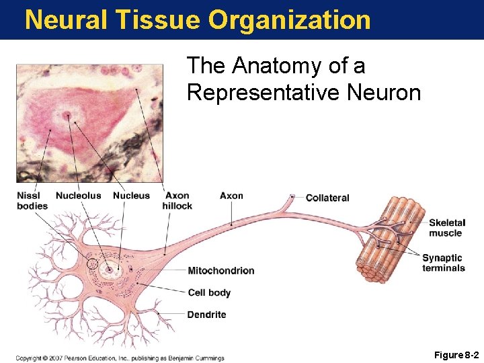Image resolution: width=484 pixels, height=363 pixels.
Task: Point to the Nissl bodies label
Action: pyautogui.click(x=32, y=200)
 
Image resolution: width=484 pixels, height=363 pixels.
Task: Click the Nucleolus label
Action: pyautogui.click(x=78, y=196)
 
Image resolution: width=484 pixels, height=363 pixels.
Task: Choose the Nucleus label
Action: pyautogui.click(x=131, y=196)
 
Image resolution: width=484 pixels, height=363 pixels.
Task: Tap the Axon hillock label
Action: pyautogui.click(x=177, y=200)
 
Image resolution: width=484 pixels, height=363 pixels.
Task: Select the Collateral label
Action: pyautogui.click(x=327, y=198)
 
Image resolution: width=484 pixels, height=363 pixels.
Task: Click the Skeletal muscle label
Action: pyautogui.click(x=446, y=228)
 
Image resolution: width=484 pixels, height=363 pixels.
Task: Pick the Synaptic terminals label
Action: pyautogui.click(x=444, y=263)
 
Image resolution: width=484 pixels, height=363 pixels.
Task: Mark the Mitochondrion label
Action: pyautogui.click(x=220, y=271)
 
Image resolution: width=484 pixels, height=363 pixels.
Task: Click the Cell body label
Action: pyautogui.click(x=209, y=292)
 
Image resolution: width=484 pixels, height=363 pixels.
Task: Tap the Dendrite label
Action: pyautogui.click(x=206, y=315)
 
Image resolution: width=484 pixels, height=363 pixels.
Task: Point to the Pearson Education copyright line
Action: pyautogui.click(x=120, y=358)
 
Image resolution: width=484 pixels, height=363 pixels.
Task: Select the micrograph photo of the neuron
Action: pyautogui.click(x=89, y=122)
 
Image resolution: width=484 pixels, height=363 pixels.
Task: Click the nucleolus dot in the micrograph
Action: pyautogui.click(x=67, y=116)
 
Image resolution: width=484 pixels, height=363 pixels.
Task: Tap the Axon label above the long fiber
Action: pyautogui.click(x=231, y=196)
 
